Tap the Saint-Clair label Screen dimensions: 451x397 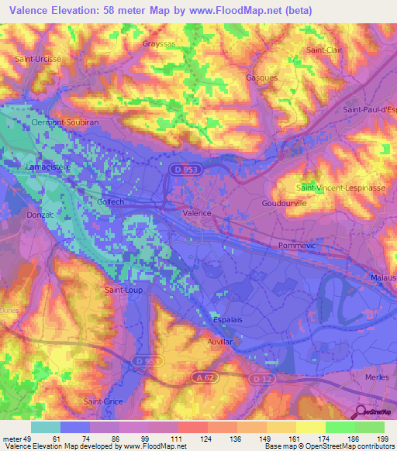tap(323, 50)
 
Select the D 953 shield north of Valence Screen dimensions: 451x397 tap(180, 167)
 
